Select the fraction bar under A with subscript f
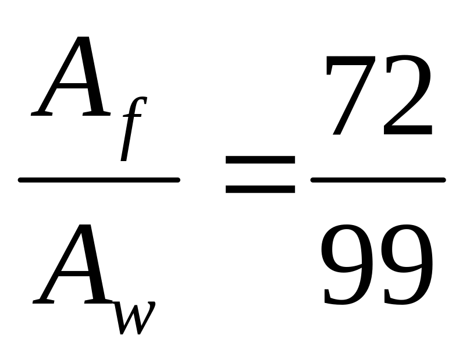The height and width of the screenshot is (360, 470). coord(99,180)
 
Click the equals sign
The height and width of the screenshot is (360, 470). coord(260,174)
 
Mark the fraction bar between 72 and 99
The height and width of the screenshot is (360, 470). coord(378,180)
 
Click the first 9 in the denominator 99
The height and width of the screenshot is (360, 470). coord(348,265)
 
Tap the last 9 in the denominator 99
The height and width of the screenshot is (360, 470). coord(405,265)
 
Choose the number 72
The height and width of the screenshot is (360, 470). coord(378,96)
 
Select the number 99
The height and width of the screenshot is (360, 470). coord(377,265)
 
